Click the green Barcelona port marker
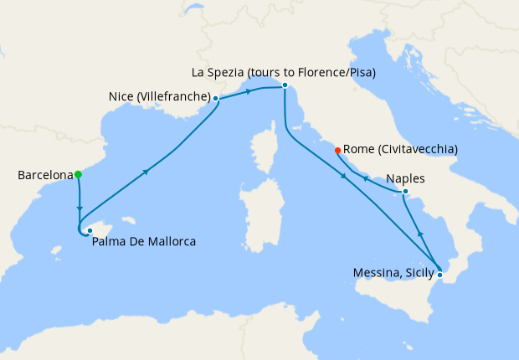pyautogui.click(x=78, y=175)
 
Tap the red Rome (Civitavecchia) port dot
pyautogui.click(x=337, y=151)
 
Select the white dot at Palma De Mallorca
pyautogui.click(x=90, y=230)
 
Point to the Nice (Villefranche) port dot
pyautogui.click(x=216, y=99)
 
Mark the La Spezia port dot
pyautogui.click(x=285, y=85)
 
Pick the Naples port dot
pyautogui.click(x=406, y=193)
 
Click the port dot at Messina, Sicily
pyautogui.click(x=440, y=274)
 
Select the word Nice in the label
pyautogui.click(x=121, y=97)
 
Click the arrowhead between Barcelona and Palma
pyautogui.click(x=80, y=208)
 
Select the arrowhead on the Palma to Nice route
pyautogui.click(x=146, y=172)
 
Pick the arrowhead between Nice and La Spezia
pyautogui.click(x=249, y=91)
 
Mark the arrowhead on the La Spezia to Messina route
pyautogui.click(x=344, y=177)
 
